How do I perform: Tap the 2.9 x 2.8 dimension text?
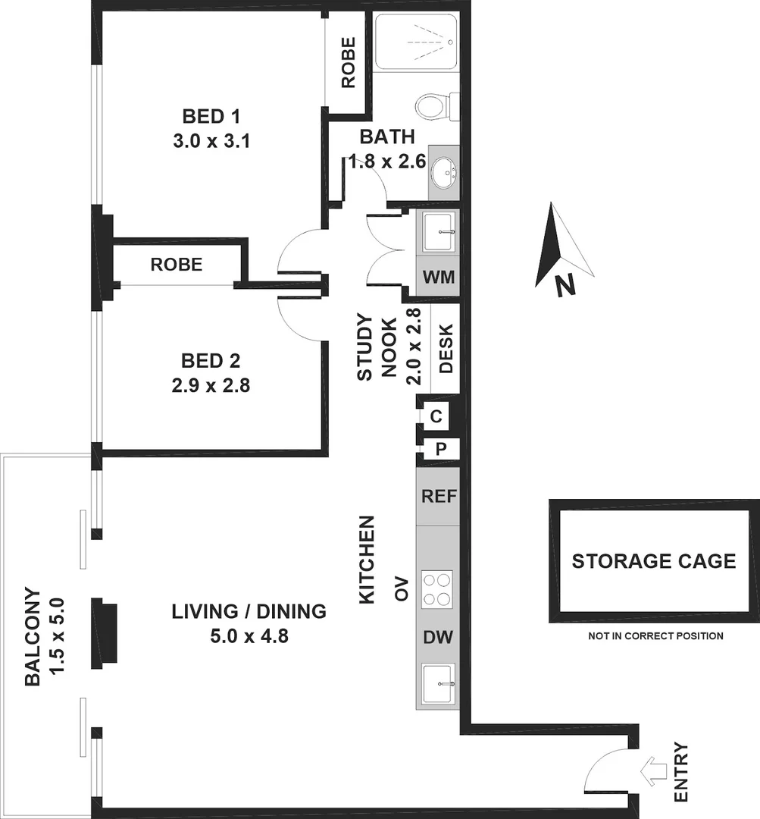click(211, 385)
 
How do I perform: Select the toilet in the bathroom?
click(436, 107)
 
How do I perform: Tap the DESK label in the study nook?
click(446, 349)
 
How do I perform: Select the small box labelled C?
click(436, 416)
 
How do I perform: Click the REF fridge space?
click(437, 497)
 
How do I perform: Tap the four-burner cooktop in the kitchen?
click(437, 588)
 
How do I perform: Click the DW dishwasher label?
click(437, 638)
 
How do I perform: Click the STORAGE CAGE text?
click(653, 561)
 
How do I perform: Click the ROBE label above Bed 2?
click(177, 265)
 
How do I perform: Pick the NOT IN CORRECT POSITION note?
click(655, 636)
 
